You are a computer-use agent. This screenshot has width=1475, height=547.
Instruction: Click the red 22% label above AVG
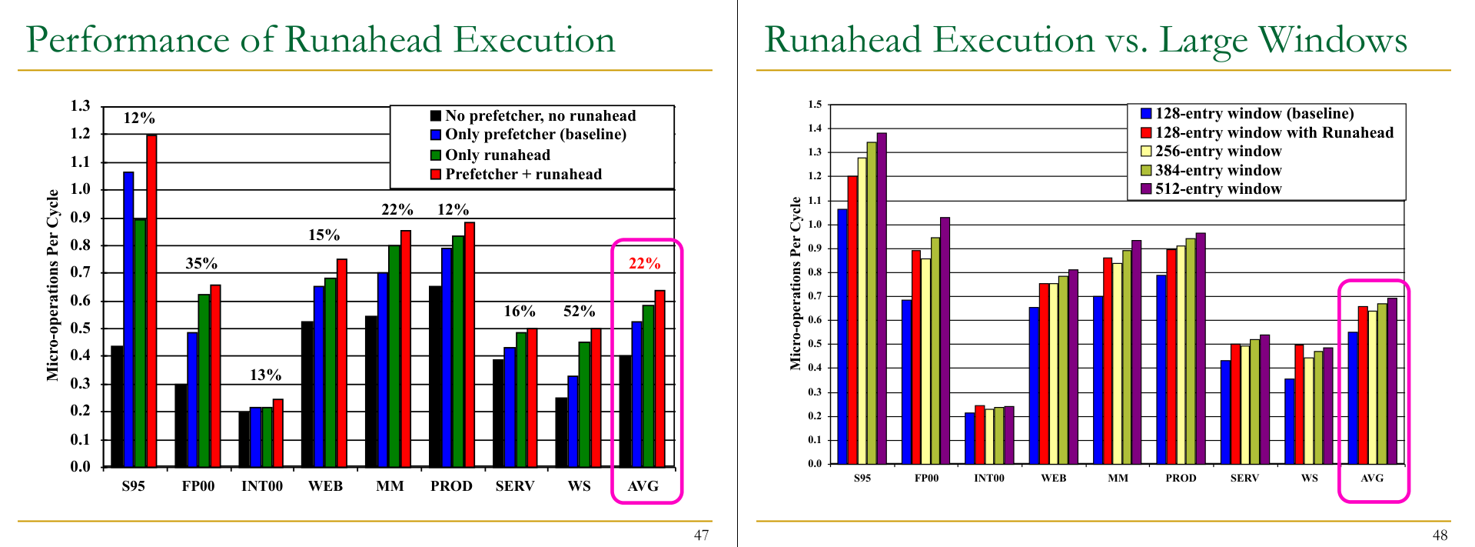coord(644,263)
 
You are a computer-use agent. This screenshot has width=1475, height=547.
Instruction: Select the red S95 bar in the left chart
coord(151,300)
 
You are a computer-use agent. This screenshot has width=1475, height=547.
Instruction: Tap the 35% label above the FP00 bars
coord(201,263)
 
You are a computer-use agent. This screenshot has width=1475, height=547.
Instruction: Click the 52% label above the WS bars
coord(579,311)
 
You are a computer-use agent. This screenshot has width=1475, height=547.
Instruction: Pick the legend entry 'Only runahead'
coord(497,155)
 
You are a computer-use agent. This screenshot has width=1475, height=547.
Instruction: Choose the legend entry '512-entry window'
coord(1218,188)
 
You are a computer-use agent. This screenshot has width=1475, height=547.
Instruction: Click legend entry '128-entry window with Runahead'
coord(1274,132)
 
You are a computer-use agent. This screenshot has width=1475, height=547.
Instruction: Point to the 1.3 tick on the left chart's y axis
coord(80,106)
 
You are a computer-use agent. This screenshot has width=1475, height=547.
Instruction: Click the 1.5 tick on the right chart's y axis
coord(815,105)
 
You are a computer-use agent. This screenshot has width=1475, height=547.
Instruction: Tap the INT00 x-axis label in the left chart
coord(262,486)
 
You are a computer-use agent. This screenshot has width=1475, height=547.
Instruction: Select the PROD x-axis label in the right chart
coord(1181,478)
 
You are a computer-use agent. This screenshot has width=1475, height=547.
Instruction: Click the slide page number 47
coord(701,535)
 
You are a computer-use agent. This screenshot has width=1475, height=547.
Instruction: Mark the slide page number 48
coord(1440,535)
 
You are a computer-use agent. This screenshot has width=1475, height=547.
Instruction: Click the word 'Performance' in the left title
coord(128,40)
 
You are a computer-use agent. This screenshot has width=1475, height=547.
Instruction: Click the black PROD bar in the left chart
coord(435,376)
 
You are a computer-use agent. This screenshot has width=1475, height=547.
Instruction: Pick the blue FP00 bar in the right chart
coord(907,382)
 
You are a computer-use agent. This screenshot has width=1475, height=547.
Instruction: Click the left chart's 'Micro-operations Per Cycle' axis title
coord(52,285)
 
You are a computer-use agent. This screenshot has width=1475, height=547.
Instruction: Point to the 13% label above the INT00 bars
coord(265,375)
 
